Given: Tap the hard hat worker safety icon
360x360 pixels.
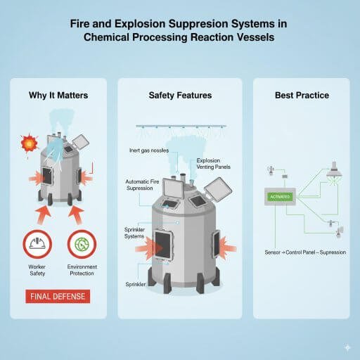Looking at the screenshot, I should pos(36,244).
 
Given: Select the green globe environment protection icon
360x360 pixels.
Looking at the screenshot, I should pos(81,244).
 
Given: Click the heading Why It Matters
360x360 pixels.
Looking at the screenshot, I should pos(58,96).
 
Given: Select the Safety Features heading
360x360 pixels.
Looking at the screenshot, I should pos(179,96).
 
